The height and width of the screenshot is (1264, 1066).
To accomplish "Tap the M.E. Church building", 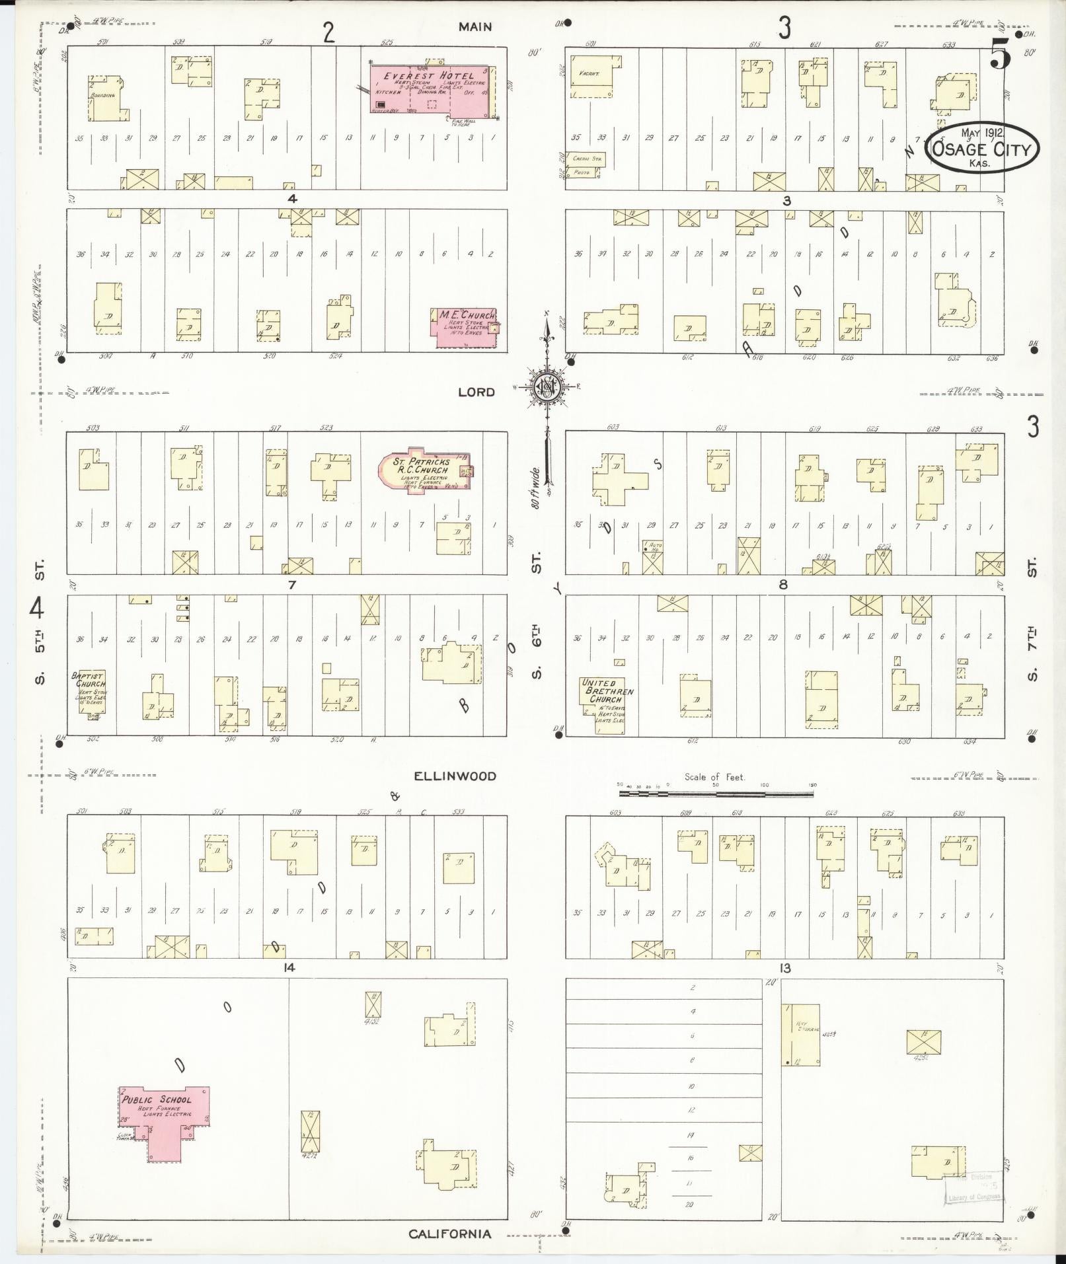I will [x=465, y=326].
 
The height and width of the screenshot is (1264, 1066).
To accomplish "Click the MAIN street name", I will [x=475, y=27].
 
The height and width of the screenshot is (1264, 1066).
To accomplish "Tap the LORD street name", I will [x=476, y=392].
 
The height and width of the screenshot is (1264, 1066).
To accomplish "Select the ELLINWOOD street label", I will [x=455, y=776].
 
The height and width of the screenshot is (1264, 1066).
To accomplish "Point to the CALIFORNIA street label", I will [x=449, y=1234].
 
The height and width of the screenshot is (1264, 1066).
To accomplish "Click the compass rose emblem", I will [x=548, y=387].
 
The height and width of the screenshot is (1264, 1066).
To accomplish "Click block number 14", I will [x=288, y=968].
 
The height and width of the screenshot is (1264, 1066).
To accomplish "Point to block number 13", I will [x=784, y=968].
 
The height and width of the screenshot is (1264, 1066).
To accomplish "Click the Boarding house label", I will [x=102, y=95].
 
